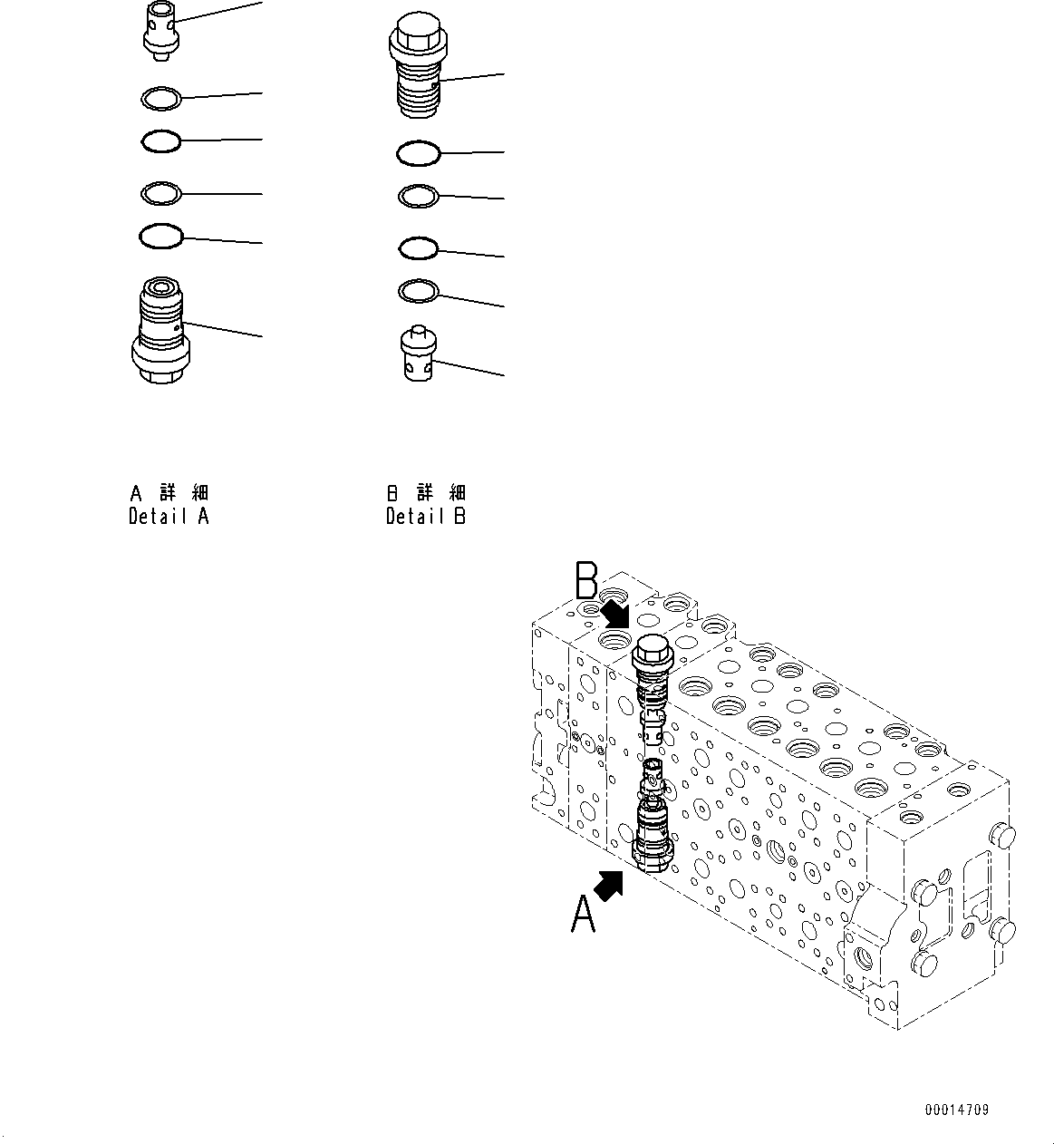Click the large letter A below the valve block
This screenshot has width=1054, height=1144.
[584, 914]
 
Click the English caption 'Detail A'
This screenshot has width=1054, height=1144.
[169, 518]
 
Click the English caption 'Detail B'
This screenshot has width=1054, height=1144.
[425, 518]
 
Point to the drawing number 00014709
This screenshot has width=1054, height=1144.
[957, 1110]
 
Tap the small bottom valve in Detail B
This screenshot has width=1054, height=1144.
[419, 354]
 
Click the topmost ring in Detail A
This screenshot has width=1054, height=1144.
[162, 96]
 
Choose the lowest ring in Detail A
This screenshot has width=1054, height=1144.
[161, 237]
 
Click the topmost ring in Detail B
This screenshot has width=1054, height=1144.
[419, 152]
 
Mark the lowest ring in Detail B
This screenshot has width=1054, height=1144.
[419, 290]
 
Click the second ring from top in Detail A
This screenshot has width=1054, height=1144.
[161, 141]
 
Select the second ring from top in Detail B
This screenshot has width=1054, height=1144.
[419, 195]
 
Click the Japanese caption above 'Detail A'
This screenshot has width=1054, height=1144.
[169, 493]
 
